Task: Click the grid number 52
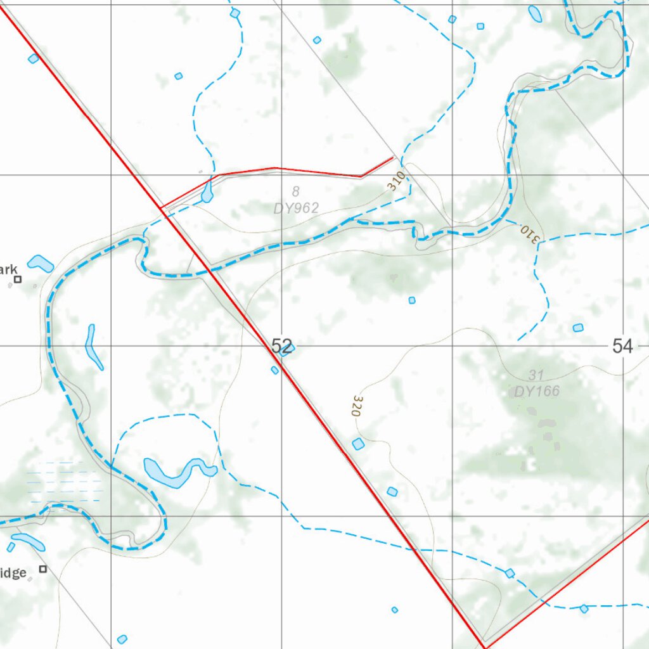[282, 346]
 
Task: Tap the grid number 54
[623, 346]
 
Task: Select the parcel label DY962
[296, 208]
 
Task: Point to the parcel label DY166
[537, 391]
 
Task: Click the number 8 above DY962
[295, 191]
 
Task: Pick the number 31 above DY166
[536, 375]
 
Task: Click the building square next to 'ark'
[18, 279]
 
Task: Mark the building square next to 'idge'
[43, 569]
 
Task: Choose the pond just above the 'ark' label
[41, 262]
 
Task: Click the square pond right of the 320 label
[358, 444]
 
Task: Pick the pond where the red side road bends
[207, 193]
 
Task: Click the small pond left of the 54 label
[577, 328]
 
